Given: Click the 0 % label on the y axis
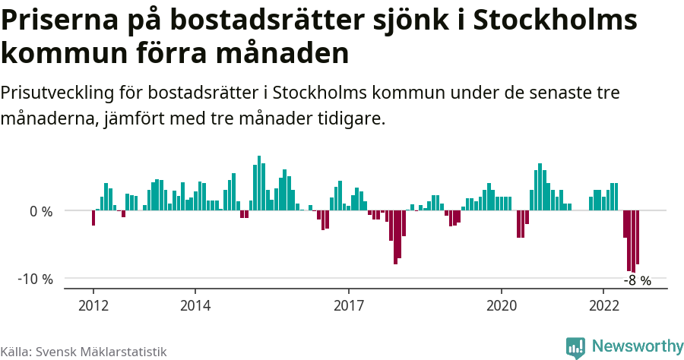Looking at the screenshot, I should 40,211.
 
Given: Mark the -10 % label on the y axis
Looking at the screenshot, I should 36,279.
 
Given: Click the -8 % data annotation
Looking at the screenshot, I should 638,280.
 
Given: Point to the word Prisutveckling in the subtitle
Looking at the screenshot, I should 58,93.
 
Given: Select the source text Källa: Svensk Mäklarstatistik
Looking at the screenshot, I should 84,351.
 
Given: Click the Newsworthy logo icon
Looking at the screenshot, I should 575,347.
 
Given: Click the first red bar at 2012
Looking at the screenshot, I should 93,218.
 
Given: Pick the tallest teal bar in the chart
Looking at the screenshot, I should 259,183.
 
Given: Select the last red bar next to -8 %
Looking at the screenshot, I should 638,237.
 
